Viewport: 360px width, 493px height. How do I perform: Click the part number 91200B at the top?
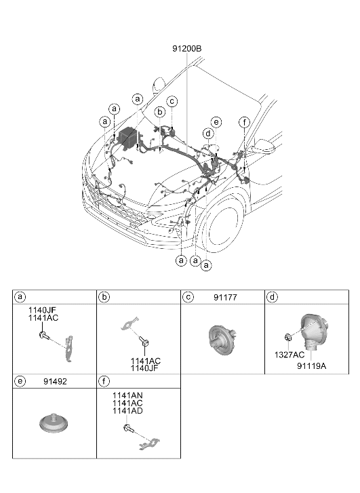pos(186,49)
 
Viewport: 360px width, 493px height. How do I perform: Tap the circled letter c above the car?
pos(172,102)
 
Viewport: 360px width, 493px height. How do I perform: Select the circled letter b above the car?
pos(160,112)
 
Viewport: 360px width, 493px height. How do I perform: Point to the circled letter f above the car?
pos(244,122)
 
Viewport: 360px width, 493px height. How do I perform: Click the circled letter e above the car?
pos(216,122)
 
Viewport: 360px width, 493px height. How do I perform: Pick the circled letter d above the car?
pos(208,134)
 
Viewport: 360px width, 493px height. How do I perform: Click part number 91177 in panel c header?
pos(225,298)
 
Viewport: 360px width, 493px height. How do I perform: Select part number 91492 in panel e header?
pos(55,382)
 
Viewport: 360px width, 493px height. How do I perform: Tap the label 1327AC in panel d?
pos(289,355)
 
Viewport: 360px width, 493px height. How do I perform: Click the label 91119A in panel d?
pos(312,366)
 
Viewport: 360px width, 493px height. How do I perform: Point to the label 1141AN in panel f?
pos(127,395)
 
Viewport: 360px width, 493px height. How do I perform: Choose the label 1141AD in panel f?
pos(127,411)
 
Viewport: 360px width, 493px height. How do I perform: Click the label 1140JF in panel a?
pos(43,311)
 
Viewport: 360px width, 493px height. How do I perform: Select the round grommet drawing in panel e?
pos(54,423)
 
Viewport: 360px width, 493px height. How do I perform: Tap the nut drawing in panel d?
pos(287,338)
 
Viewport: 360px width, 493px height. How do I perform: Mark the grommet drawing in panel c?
pos(222,340)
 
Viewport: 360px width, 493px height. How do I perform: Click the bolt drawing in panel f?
pos(129,429)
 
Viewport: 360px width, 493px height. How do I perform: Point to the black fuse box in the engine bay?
pos(128,138)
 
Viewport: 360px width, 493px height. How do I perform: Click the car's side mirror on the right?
pos(264,146)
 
